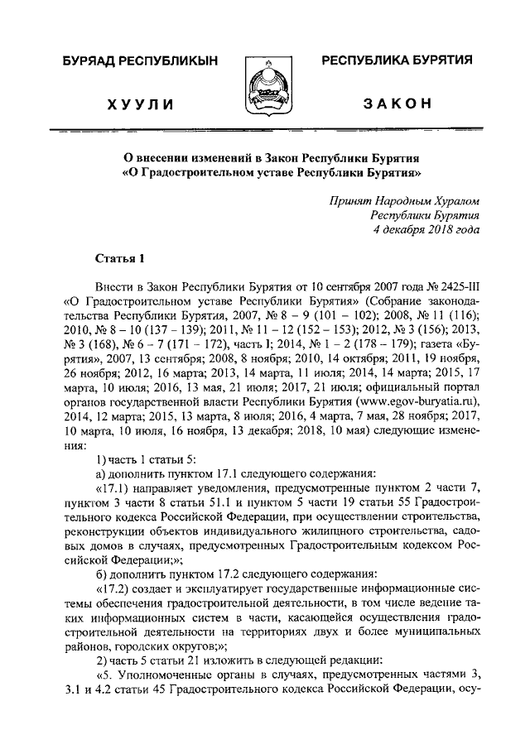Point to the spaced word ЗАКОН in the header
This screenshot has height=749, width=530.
point(397,102)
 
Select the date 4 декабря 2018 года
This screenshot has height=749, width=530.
point(423,231)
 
